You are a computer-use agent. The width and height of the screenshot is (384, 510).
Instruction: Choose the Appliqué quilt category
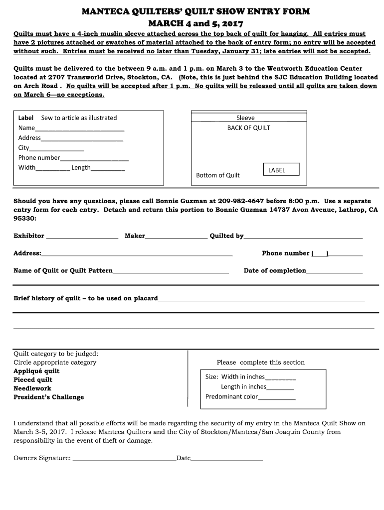pyautogui.click(x=36, y=371)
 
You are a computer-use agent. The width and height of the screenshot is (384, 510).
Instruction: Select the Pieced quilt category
pyautogui.click(x=33, y=380)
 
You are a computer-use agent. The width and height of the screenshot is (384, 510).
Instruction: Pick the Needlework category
pyautogui.click(x=32, y=388)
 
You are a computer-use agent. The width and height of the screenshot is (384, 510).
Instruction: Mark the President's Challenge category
pyautogui.click(x=48, y=397)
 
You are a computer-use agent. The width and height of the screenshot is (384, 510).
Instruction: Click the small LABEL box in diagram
pyautogui.click(x=277, y=170)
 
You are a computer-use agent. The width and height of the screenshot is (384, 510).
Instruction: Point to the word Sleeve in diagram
pyautogui.click(x=245, y=118)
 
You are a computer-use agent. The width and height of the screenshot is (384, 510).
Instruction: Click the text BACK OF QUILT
pyautogui.click(x=248, y=128)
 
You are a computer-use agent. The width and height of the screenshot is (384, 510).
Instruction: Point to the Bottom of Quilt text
pyautogui.click(x=217, y=175)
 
